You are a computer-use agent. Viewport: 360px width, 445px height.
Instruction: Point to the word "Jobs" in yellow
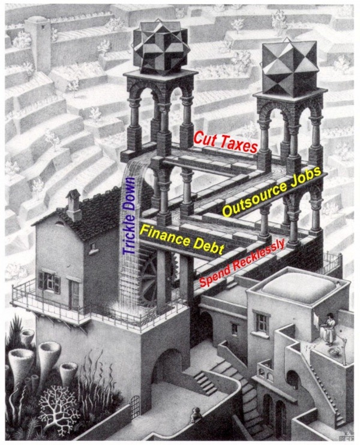(x=304, y=174)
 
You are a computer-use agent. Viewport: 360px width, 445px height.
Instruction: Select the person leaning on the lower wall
(x=196, y=414)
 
